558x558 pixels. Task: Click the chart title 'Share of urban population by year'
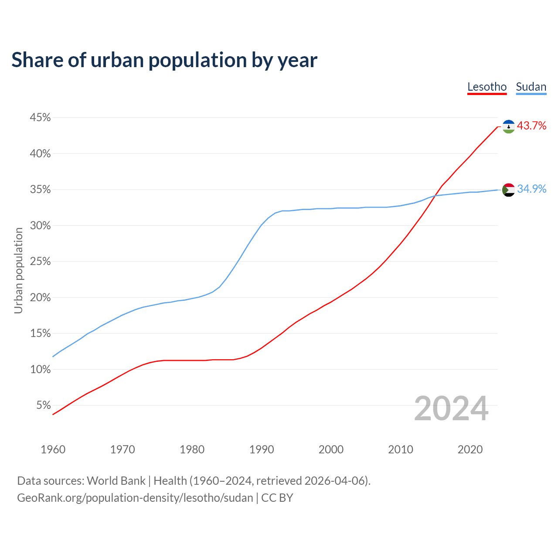[164, 60]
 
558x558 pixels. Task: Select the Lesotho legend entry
[487, 87]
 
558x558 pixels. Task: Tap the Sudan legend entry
[531, 87]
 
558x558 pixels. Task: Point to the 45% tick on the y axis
[40, 118]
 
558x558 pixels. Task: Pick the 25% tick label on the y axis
[40, 262]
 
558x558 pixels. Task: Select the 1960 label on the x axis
[53, 449]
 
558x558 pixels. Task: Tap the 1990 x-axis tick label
[262, 449]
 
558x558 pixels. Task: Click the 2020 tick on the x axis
[470, 449]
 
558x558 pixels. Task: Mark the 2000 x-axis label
[331, 449]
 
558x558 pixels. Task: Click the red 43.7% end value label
[531, 126]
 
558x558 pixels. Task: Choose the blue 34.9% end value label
[531, 189]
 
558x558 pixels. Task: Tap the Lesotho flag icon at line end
[509, 126]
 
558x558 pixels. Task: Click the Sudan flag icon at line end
[509, 190]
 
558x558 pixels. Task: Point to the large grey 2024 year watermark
[451, 408]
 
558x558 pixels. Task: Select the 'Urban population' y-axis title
[18, 270]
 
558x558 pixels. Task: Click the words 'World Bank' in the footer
[116, 481]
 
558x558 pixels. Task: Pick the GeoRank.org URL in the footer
[135, 498]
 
